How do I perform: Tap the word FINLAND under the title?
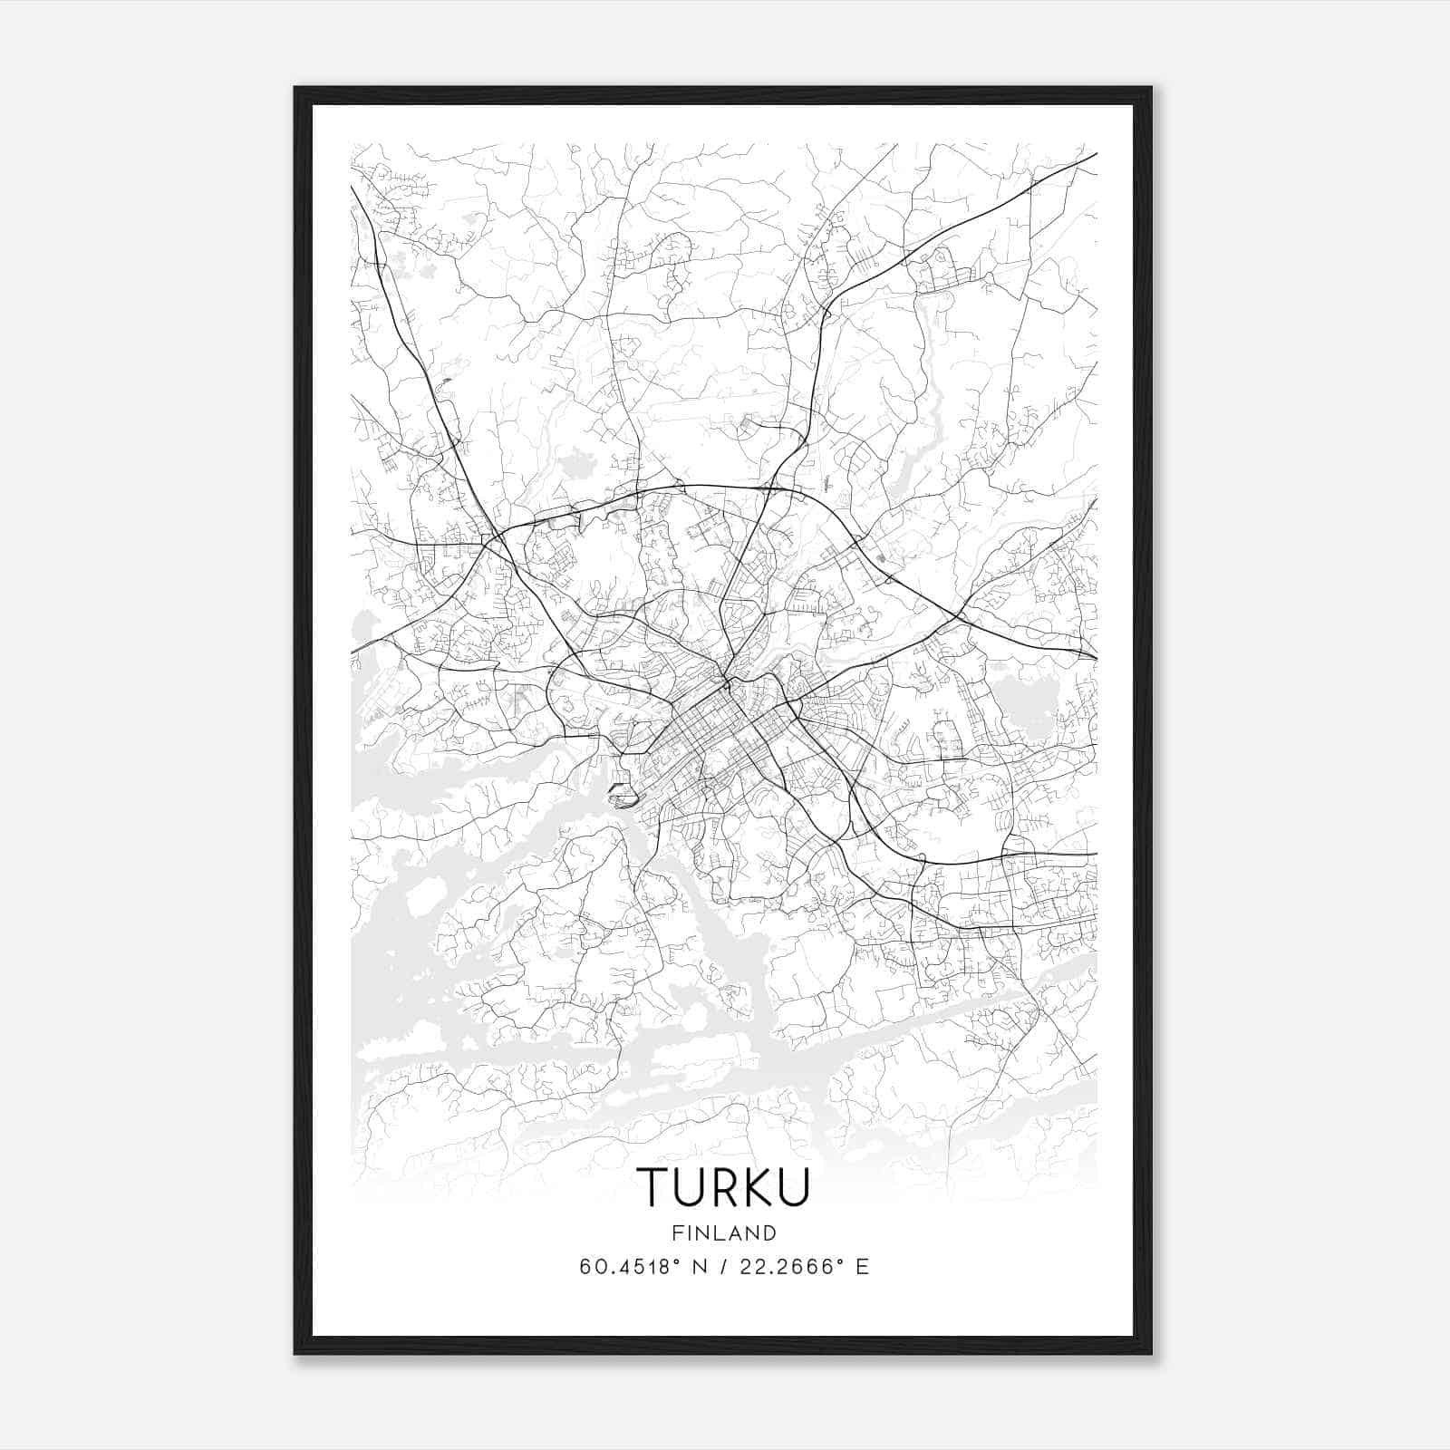coord(724,1232)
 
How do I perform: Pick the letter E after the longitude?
coord(863,1267)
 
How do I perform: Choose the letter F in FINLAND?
coord(677,1232)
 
